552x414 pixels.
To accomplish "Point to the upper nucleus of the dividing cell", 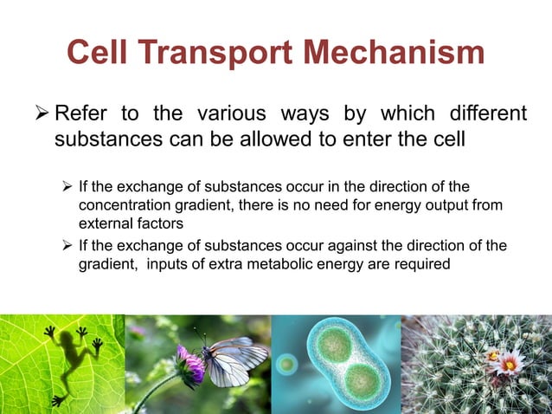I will coord(333,343).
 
